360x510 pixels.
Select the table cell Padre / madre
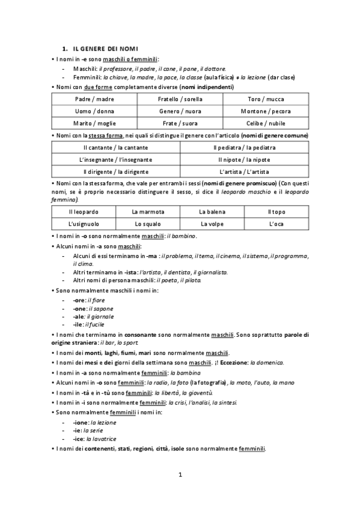click(95, 99)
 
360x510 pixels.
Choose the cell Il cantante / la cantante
click(116, 147)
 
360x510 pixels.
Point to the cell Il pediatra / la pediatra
click(244, 147)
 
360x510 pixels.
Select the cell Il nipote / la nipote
click(244, 159)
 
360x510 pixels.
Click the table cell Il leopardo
click(84, 212)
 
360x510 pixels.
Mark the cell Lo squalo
click(147, 224)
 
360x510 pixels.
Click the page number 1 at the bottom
click(180, 476)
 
